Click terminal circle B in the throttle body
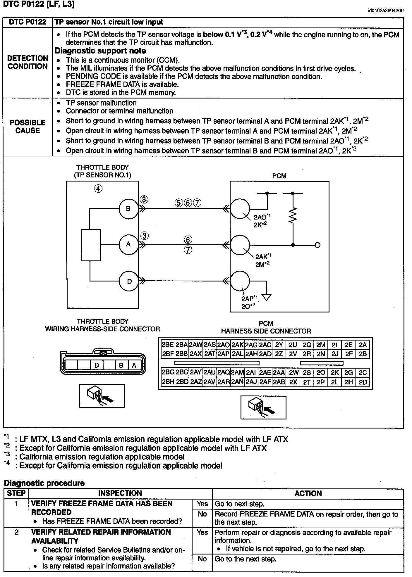[128, 209]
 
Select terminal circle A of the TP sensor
[128, 244]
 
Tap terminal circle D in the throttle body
[129, 281]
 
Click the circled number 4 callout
[98, 189]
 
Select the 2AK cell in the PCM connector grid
[237, 345]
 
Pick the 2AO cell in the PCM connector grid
[224, 345]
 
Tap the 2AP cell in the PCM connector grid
[224, 354]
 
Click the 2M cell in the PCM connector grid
[321, 345]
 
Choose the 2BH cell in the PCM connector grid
[168, 382]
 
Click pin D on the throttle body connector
[97, 365]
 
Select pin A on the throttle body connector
[134, 365]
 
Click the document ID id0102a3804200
[386, 11]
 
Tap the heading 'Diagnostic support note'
[100, 51]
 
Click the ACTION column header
[308, 493]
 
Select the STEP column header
[16, 493]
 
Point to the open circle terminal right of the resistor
[317, 245]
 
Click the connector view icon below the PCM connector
[263, 407]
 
